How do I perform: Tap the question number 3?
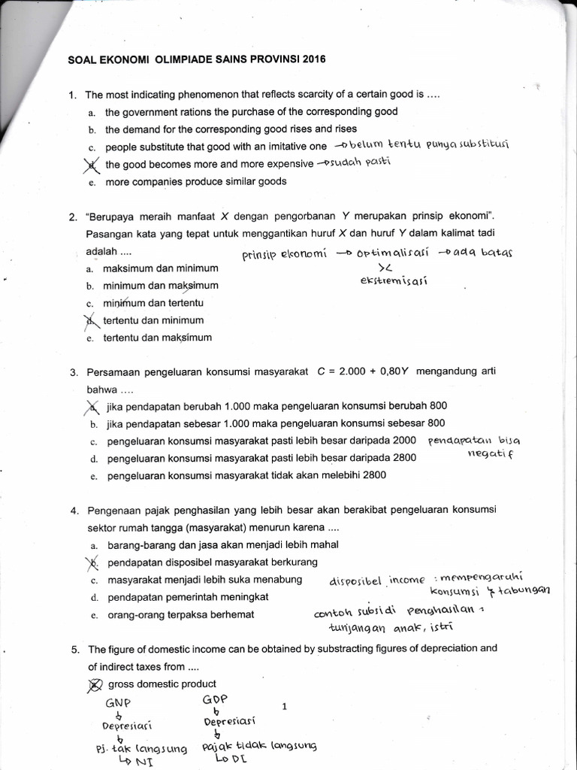click(x=74, y=372)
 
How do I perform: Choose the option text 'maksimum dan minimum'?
click(x=161, y=268)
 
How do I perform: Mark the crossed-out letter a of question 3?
click(x=92, y=407)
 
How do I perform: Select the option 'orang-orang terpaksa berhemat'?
click(x=181, y=614)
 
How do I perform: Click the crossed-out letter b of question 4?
click(x=93, y=562)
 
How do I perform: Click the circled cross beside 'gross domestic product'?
click(x=94, y=684)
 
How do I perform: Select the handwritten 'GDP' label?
click(x=215, y=699)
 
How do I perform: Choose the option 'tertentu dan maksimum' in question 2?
click(x=158, y=338)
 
